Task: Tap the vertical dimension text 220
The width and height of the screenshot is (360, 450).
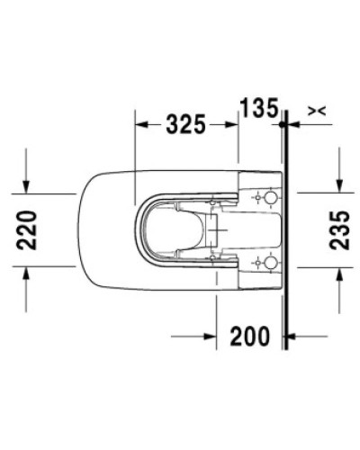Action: click(30, 230)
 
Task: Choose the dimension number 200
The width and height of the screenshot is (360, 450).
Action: click(249, 337)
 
